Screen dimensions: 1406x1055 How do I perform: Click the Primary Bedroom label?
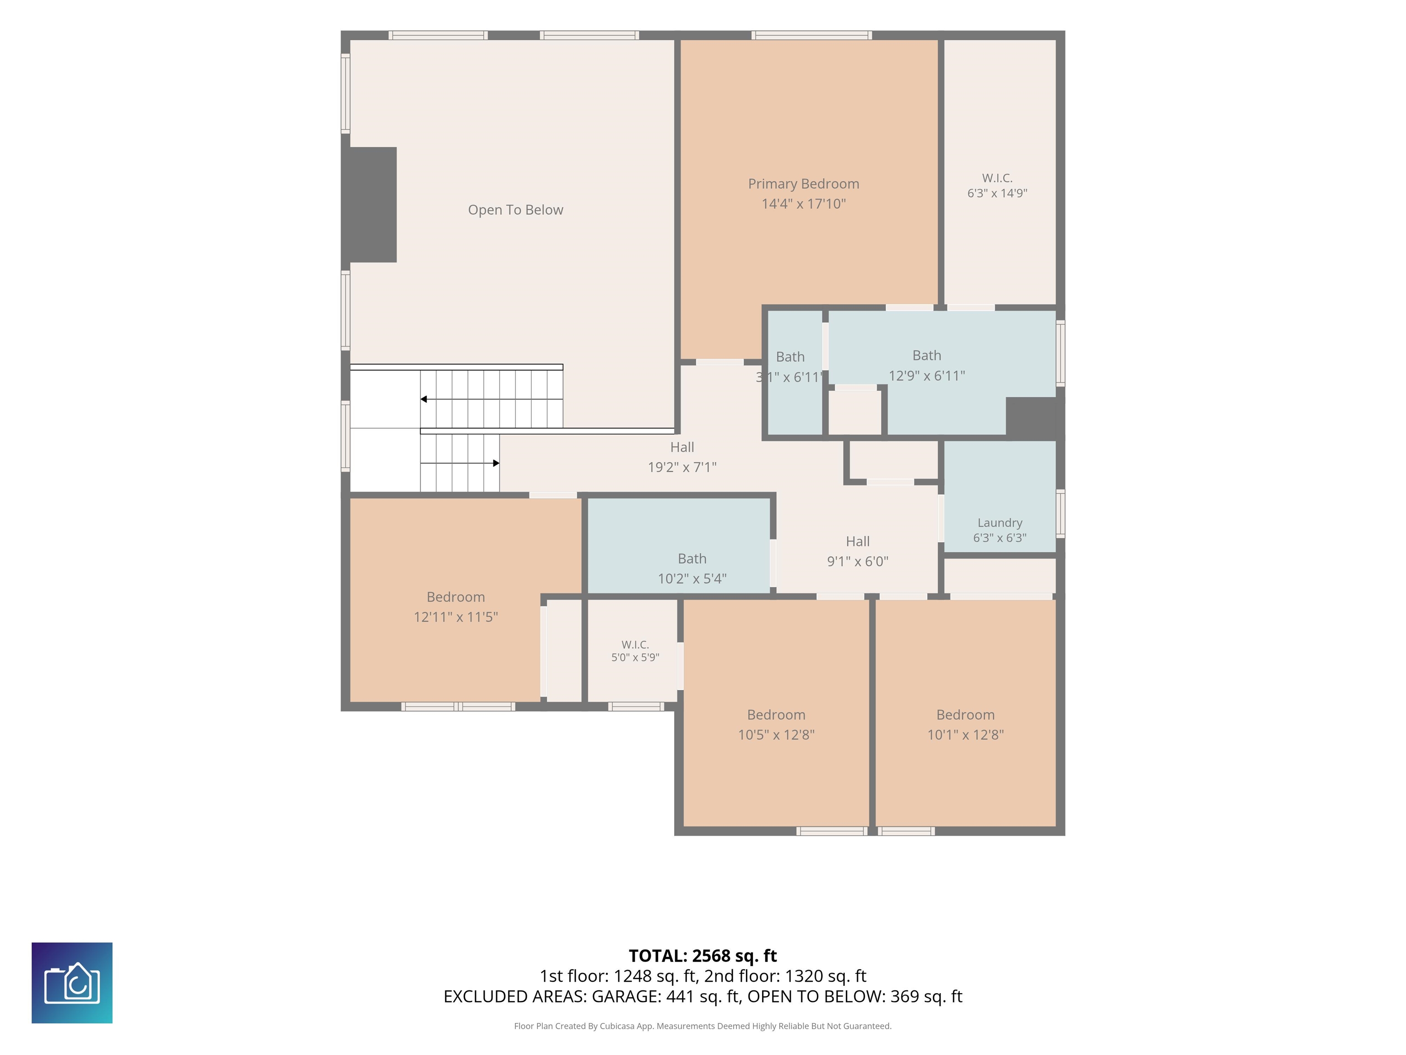(803, 184)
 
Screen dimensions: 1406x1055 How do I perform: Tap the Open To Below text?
(515, 210)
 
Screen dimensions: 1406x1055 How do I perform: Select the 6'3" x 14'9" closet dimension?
(997, 193)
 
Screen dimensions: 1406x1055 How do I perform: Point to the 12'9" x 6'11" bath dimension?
(927, 376)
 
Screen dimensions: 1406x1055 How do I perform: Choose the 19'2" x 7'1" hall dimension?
(682, 468)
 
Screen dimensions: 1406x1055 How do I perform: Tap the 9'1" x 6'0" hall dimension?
(857, 561)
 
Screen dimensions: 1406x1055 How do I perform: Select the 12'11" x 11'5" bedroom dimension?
(456, 617)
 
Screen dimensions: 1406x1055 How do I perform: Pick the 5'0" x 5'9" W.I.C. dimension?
(635, 658)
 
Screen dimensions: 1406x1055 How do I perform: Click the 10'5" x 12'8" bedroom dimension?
(776, 735)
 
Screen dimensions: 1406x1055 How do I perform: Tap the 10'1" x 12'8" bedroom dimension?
(966, 735)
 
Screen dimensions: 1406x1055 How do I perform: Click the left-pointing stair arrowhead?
(423, 399)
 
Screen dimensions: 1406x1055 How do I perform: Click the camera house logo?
(72, 983)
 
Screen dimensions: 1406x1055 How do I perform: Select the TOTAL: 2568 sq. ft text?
(703, 956)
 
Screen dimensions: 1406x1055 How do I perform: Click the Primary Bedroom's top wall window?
(811, 35)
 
